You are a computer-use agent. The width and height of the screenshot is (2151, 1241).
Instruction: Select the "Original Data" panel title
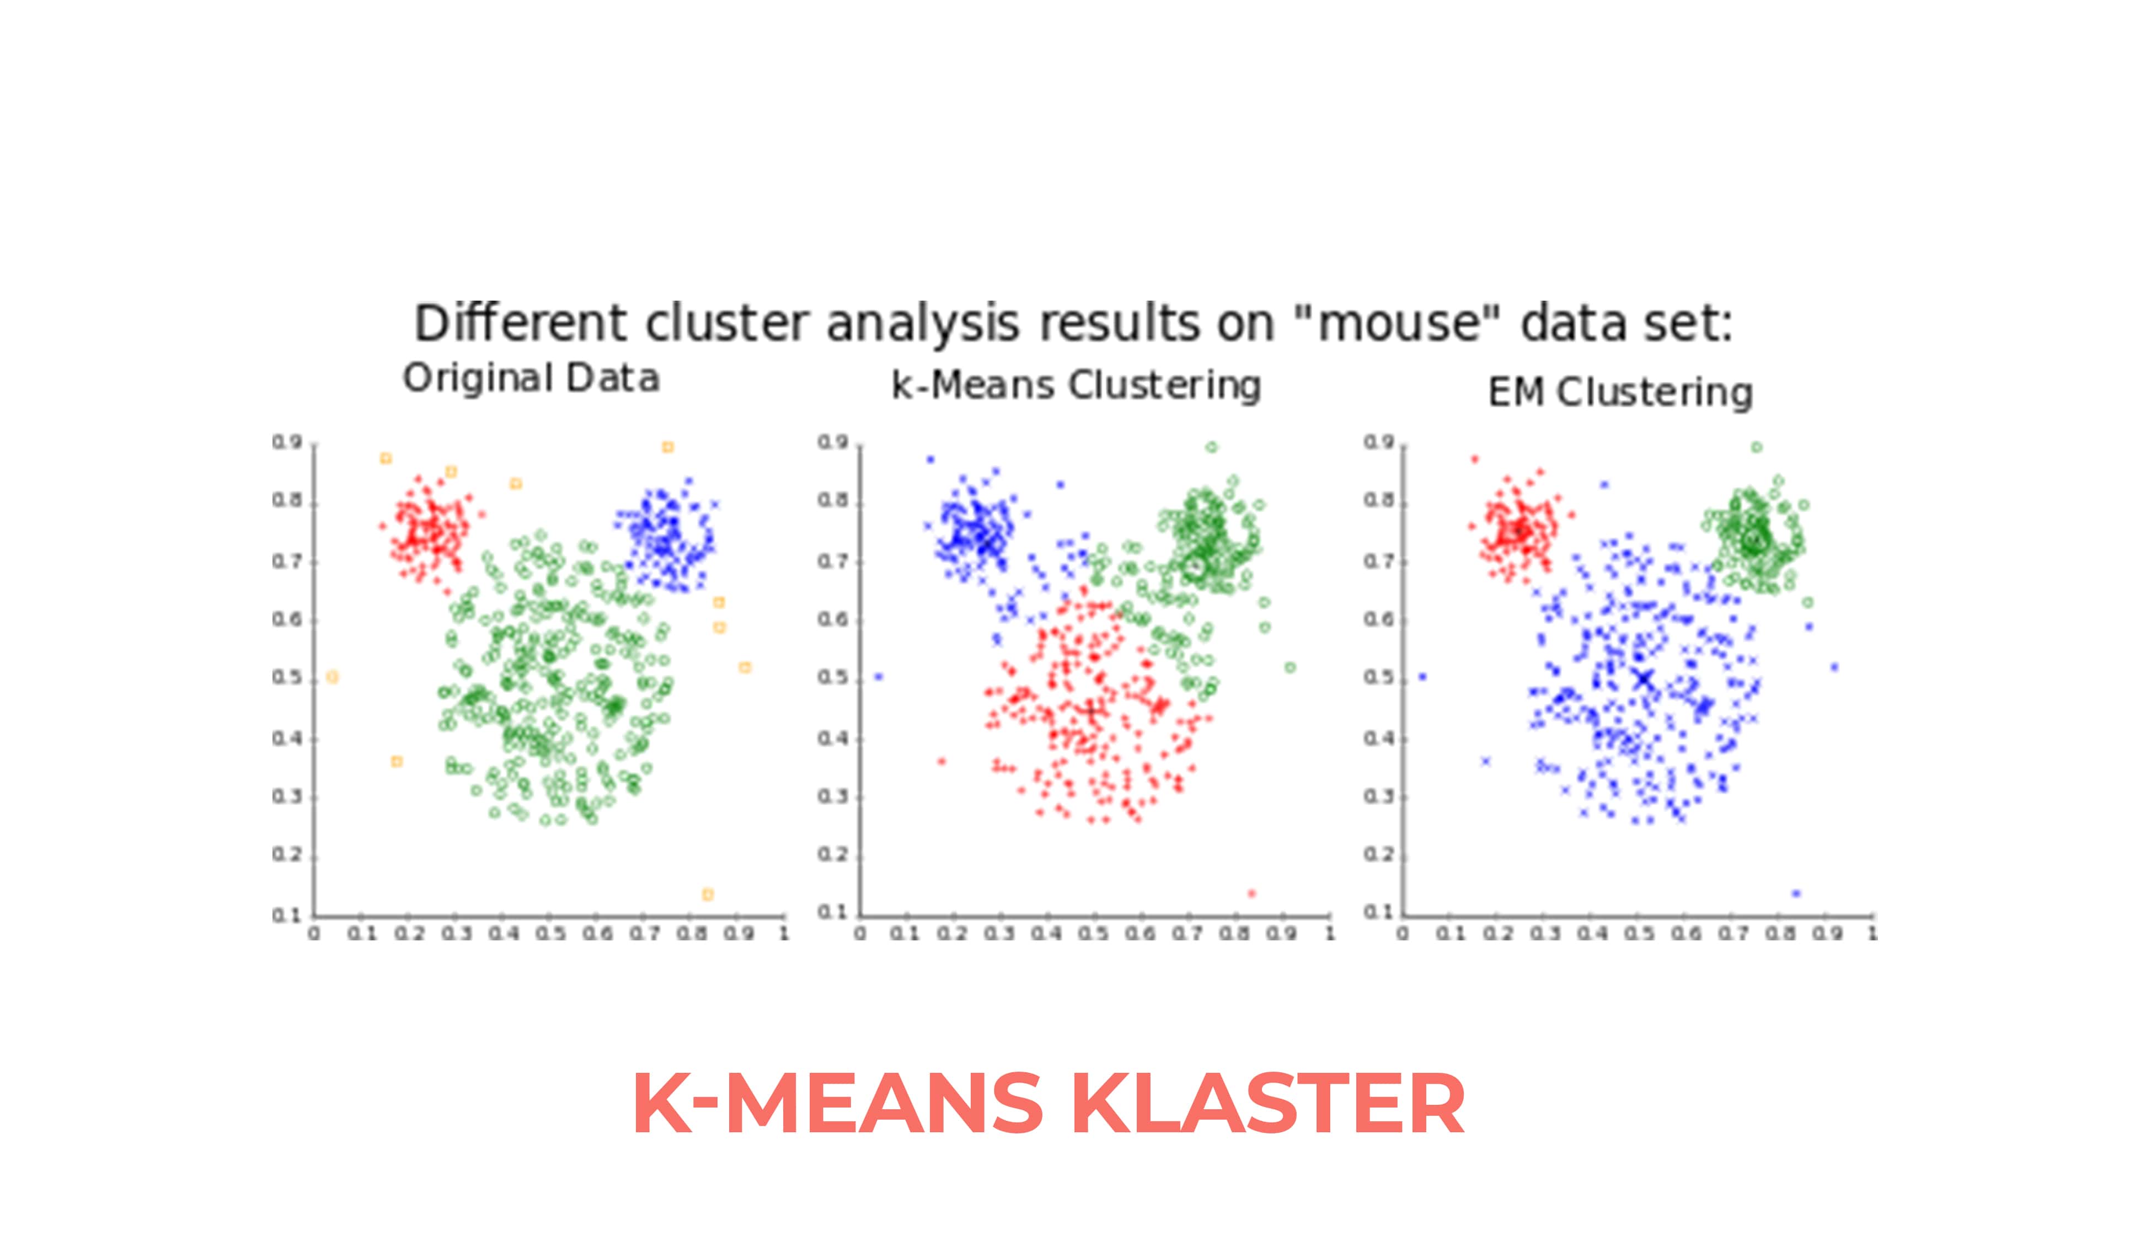click(x=531, y=378)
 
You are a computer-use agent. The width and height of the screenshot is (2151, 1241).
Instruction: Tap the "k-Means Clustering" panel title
click(x=1075, y=385)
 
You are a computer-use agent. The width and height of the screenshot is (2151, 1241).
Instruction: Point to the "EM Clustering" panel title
click(x=1620, y=393)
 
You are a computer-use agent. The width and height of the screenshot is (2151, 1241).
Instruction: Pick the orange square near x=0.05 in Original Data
click(x=333, y=678)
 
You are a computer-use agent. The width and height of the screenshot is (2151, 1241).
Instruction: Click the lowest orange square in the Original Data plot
click(x=707, y=894)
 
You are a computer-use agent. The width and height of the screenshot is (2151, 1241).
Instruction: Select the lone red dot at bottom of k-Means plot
click(x=1251, y=894)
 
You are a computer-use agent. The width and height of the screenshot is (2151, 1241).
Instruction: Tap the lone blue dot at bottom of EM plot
click(x=1796, y=894)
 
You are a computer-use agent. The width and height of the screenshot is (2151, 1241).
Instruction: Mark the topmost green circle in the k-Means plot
click(x=1212, y=447)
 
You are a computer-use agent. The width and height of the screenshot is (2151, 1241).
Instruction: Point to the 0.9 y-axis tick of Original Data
click(x=287, y=442)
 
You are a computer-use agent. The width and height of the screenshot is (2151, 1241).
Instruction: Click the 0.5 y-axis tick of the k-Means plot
click(x=833, y=678)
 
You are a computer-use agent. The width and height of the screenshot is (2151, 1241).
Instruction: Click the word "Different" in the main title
click(x=520, y=324)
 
